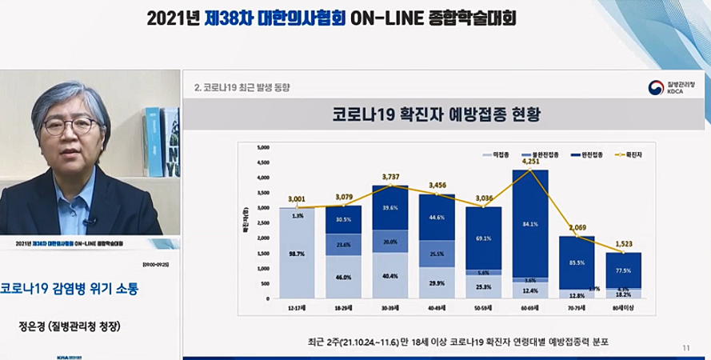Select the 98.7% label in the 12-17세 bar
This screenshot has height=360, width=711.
pyautogui.click(x=297, y=251)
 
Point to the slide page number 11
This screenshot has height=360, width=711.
pyautogui.click(x=685, y=347)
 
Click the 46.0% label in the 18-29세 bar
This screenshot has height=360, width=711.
pyautogui.click(x=344, y=277)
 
